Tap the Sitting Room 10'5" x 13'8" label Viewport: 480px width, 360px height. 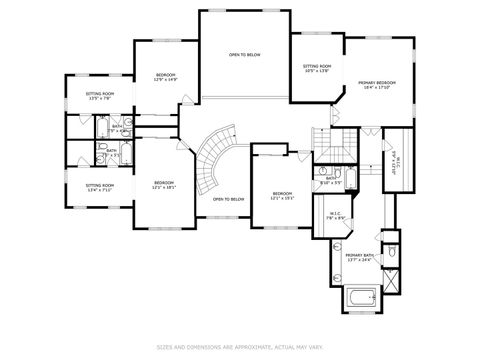click(x=317, y=69)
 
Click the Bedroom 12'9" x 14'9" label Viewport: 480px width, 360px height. click(x=165, y=78)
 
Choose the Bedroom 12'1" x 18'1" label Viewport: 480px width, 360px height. click(x=164, y=185)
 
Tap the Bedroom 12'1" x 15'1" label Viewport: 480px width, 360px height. click(x=282, y=195)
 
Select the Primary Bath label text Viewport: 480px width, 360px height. click(x=360, y=258)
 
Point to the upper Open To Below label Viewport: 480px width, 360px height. click(x=244, y=55)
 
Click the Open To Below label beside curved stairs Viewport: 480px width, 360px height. click(x=229, y=199)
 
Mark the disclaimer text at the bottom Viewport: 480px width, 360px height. click(x=240, y=348)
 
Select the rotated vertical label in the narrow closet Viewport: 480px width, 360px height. click(x=394, y=160)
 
